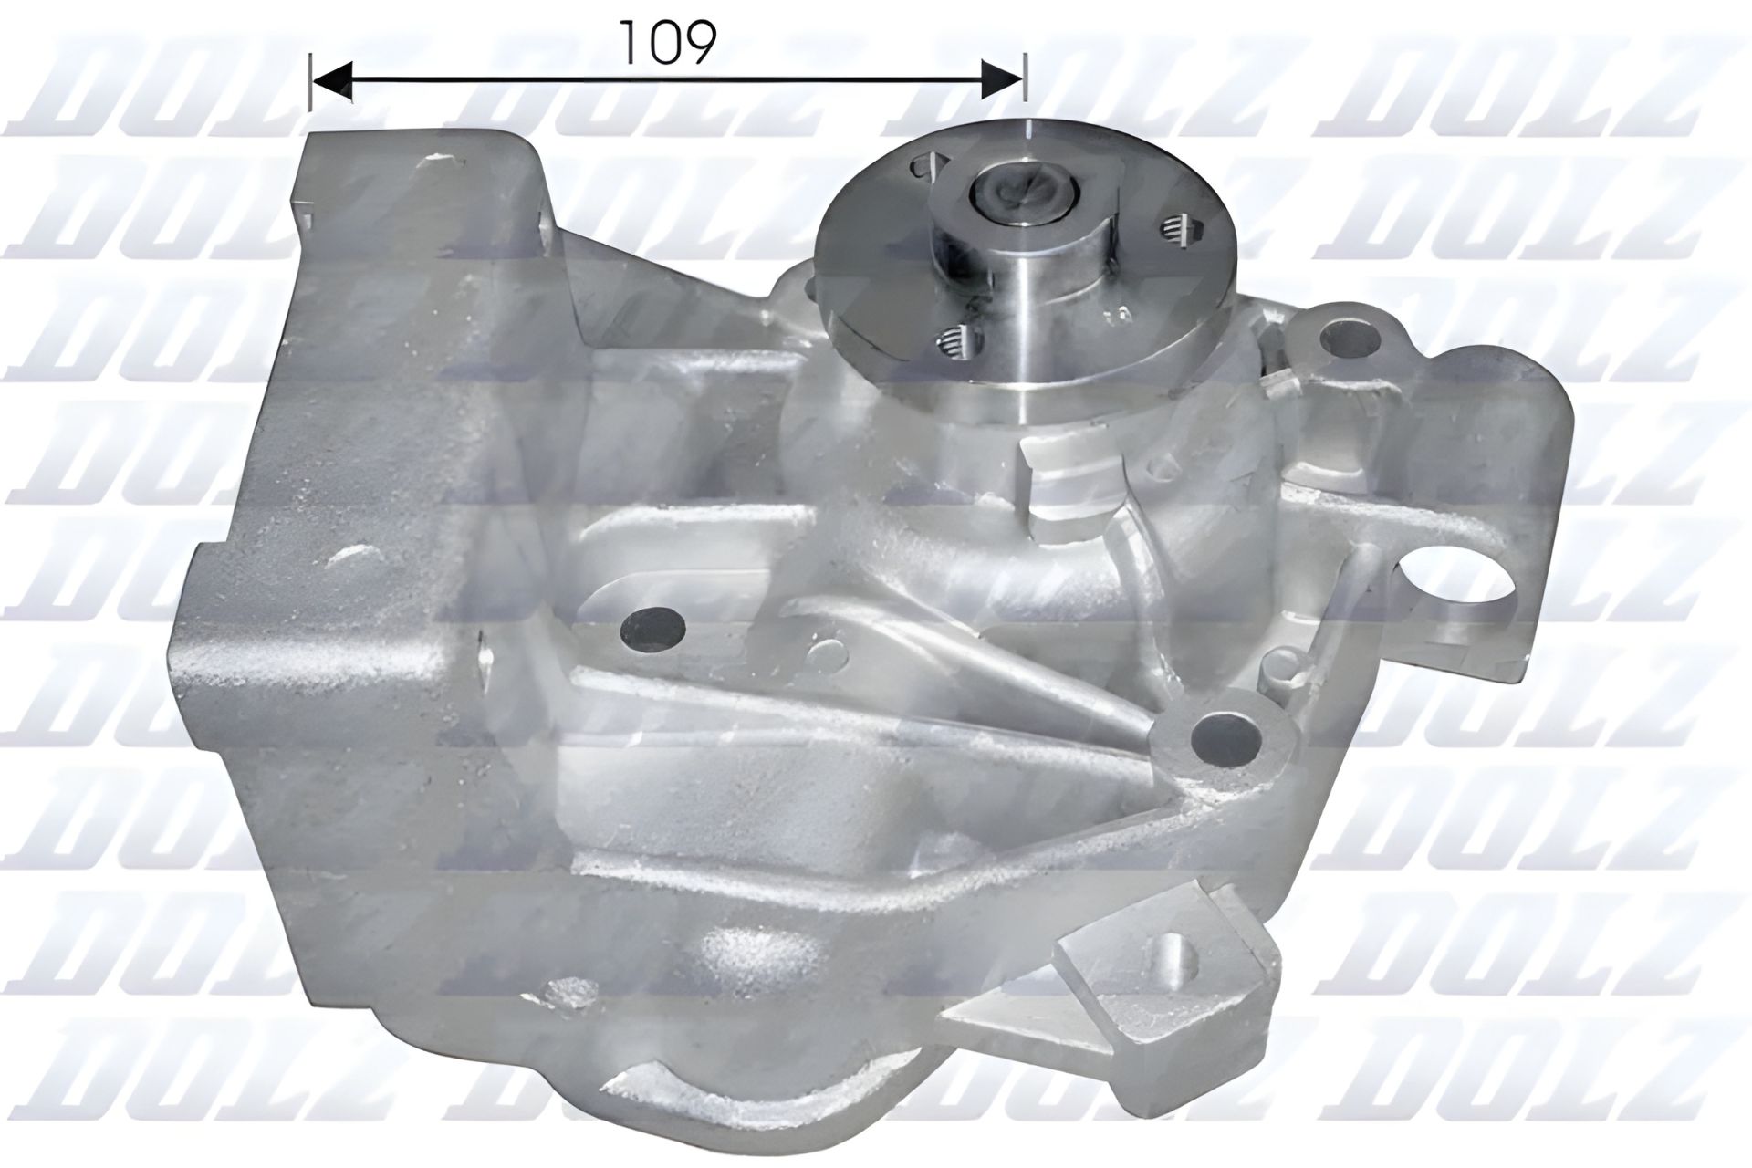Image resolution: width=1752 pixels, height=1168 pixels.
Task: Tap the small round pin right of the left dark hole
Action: click(829, 650)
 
